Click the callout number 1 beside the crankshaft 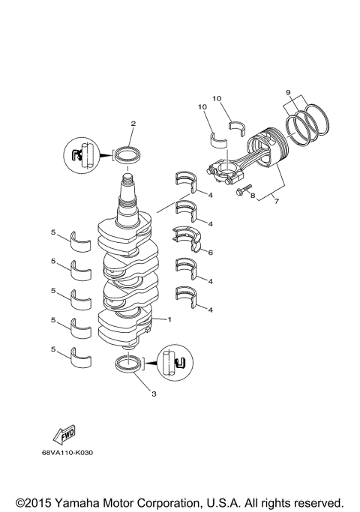(x=169, y=319)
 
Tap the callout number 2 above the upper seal (x=133, y=123)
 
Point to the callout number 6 (x=210, y=253)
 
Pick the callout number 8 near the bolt (x=253, y=196)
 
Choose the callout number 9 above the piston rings (x=288, y=92)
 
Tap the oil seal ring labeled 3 (x=130, y=366)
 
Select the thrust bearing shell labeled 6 (x=186, y=238)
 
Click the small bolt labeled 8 (x=240, y=190)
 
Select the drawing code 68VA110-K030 (x=72, y=453)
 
